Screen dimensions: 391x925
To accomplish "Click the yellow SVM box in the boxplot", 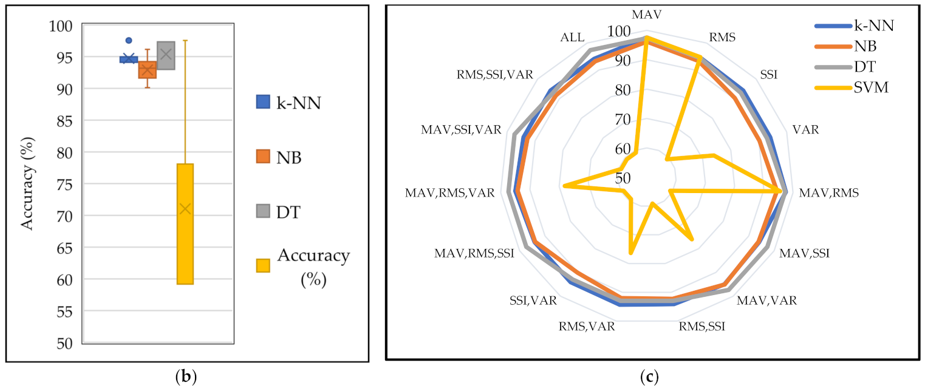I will (185, 223).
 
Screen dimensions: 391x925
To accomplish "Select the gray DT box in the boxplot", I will (166, 55).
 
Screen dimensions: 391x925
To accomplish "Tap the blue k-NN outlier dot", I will (129, 40).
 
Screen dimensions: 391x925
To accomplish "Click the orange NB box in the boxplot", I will (147, 69).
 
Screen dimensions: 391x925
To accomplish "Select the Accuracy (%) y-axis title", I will (27, 185).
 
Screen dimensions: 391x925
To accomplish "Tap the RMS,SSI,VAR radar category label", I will (494, 75).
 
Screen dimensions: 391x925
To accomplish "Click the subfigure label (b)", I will (186, 376).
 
